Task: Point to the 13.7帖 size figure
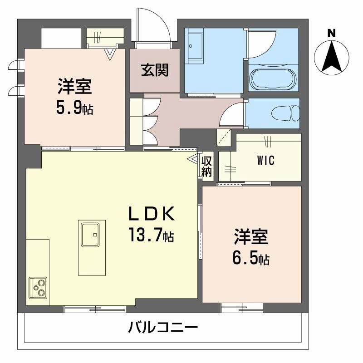[x=150, y=236]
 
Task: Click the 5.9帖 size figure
[x=75, y=109]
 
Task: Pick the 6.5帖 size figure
[x=251, y=259]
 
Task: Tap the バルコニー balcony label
[x=162, y=327]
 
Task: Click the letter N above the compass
[x=332, y=33]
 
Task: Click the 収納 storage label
[x=207, y=166]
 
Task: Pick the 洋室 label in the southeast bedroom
[x=251, y=236]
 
